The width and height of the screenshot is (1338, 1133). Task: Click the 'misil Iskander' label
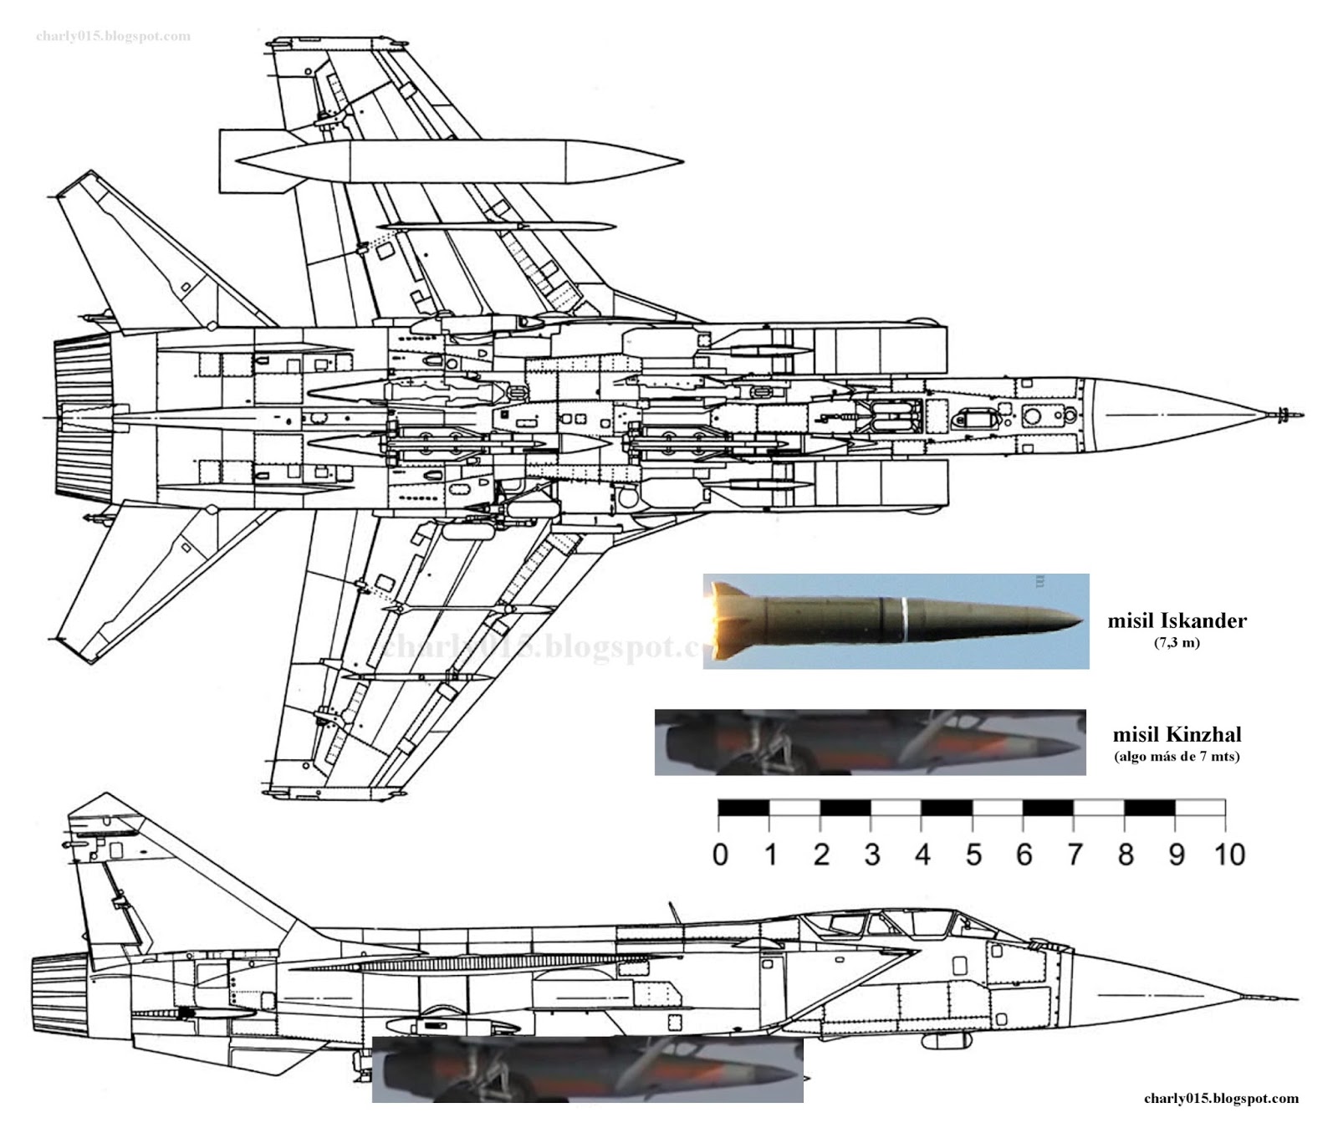click(1177, 620)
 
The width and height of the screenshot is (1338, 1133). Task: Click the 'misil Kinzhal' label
click(1177, 734)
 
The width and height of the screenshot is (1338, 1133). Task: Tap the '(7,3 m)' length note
click(1177, 642)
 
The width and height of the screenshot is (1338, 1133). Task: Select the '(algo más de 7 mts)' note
click(1177, 757)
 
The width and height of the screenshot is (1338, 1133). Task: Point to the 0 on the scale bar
click(720, 855)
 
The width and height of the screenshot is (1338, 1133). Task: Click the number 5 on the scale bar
click(973, 855)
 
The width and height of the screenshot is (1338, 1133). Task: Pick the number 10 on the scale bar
click(1229, 855)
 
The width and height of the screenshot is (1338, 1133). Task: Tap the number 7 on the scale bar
click(1075, 855)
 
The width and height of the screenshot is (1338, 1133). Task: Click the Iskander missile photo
click(895, 620)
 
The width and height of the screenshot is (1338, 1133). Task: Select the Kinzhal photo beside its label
click(870, 742)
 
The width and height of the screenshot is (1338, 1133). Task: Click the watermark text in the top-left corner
click(113, 36)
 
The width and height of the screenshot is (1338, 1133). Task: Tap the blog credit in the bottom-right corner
click(1221, 1099)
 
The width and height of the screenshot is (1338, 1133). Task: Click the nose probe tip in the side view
click(1295, 998)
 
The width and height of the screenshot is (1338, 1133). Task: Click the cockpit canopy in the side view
click(886, 924)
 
